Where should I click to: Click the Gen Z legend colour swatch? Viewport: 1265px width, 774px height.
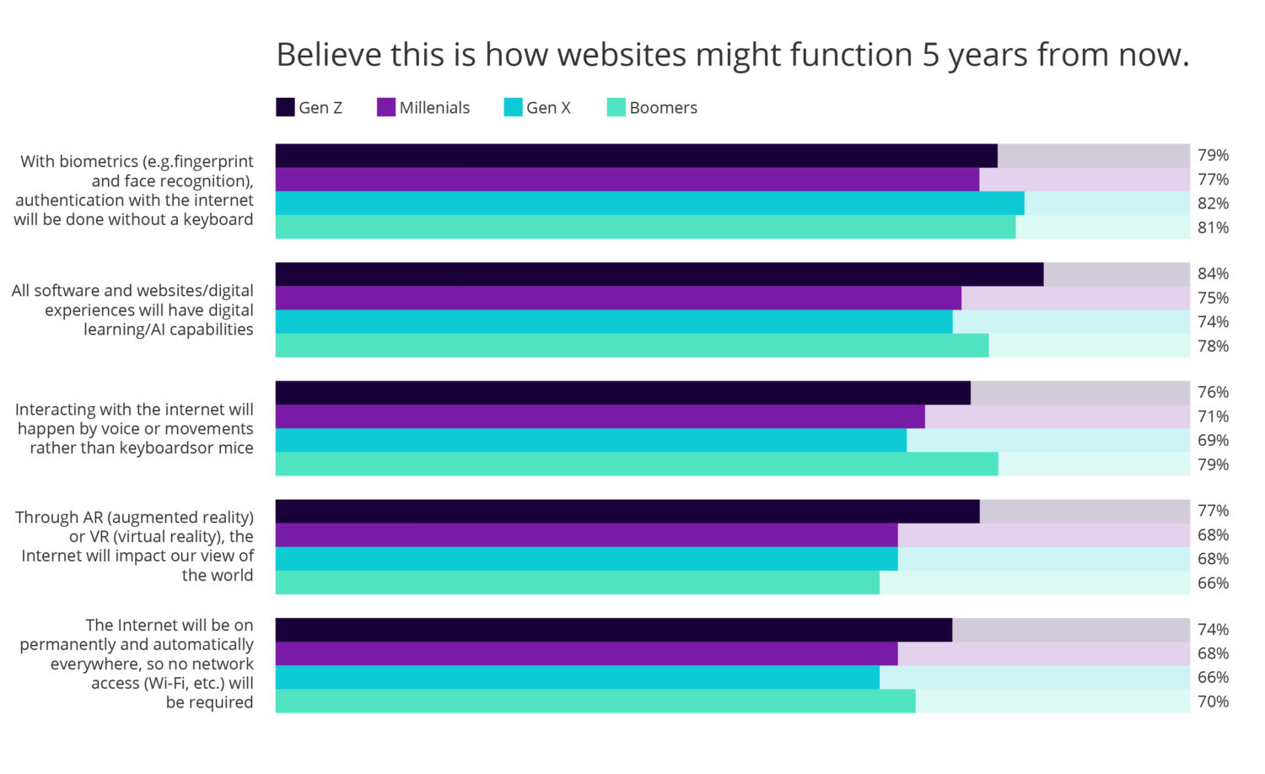pos(285,107)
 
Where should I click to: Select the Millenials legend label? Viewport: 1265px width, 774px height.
pos(434,108)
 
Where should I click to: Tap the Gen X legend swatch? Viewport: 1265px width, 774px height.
pos(513,107)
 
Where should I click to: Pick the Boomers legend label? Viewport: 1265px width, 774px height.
pos(663,108)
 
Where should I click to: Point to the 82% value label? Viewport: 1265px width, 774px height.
pos(1213,203)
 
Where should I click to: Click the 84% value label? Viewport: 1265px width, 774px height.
pos(1213,274)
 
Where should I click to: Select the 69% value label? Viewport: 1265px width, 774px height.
pos(1213,440)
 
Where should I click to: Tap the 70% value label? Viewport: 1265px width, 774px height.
pos(1213,701)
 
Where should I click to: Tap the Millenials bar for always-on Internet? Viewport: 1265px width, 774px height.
pos(586,653)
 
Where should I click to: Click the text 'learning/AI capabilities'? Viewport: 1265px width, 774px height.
pos(168,330)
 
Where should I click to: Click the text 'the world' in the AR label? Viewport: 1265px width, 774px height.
pos(217,575)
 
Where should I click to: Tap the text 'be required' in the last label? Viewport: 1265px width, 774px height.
pos(209,702)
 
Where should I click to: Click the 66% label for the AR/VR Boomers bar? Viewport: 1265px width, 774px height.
pos(1213,583)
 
